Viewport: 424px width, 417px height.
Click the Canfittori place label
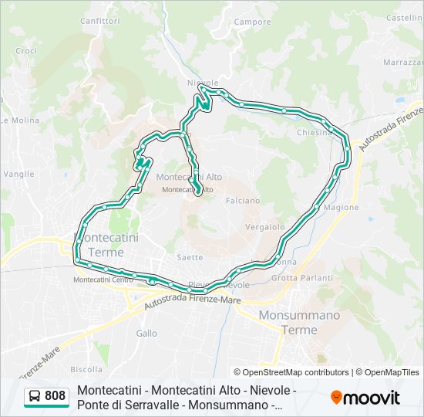pos(99,20)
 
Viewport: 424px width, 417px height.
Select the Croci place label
pos(26,51)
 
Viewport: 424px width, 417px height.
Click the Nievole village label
pos(203,83)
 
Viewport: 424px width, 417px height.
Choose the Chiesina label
pos(315,133)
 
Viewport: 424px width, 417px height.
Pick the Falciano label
pos(243,201)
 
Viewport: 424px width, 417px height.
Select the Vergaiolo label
pos(264,228)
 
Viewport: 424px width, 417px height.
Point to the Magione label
pos(342,208)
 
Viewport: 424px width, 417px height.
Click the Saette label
pos(190,257)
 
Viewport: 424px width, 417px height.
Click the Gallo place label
pos(146,334)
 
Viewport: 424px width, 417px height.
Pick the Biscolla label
pos(86,369)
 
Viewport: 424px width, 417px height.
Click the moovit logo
pos(365,397)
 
